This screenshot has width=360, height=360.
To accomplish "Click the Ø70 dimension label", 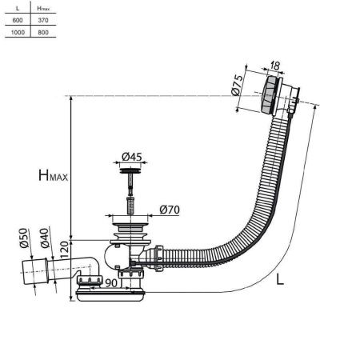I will point(169,210).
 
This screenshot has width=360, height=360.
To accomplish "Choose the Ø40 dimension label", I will point(47,240).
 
